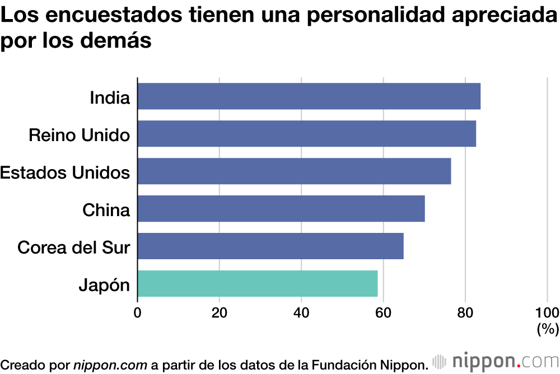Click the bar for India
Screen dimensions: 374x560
click(x=309, y=96)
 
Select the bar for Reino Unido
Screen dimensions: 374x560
click(x=306, y=134)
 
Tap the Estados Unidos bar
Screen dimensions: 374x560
click(x=294, y=171)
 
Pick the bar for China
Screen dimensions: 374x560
click(x=281, y=209)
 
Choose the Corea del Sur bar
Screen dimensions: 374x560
click(x=270, y=246)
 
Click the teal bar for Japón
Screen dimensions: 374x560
click(x=258, y=284)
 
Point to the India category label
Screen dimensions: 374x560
click(x=110, y=98)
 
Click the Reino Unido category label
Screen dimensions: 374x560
click(x=79, y=135)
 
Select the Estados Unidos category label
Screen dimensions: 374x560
click(x=65, y=172)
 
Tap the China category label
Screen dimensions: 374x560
click(x=106, y=210)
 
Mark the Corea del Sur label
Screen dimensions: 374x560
click(x=73, y=247)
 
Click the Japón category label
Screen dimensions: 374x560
click(x=104, y=286)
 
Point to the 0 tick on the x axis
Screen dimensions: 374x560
click(x=138, y=312)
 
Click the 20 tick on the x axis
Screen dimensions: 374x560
click(x=220, y=312)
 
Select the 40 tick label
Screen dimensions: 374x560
click(x=301, y=312)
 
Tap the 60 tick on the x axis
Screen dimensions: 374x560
click(x=384, y=312)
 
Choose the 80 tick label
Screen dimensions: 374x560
click(x=465, y=312)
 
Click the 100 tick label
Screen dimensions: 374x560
click(x=547, y=312)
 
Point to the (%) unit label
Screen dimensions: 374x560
click(x=547, y=329)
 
